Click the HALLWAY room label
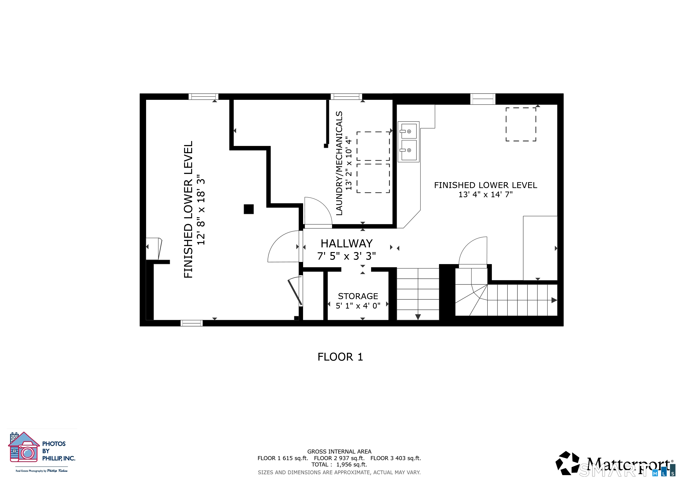click(x=346, y=244)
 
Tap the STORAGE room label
click(x=358, y=296)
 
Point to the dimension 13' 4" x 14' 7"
click(x=486, y=194)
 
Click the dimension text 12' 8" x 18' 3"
click(x=201, y=209)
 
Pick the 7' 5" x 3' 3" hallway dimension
click(x=346, y=256)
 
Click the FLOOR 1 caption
click(x=340, y=357)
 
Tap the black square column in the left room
click(x=249, y=209)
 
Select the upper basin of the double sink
click(x=409, y=131)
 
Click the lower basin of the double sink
click(x=409, y=150)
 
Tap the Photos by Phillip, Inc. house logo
click(x=24, y=447)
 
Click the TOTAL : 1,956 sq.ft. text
click(x=339, y=465)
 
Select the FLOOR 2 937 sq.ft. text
click(x=339, y=458)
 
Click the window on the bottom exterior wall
click(x=192, y=323)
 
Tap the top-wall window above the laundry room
click(x=346, y=96)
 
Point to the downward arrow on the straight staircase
click(x=418, y=317)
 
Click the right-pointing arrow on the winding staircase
click(x=554, y=300)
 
